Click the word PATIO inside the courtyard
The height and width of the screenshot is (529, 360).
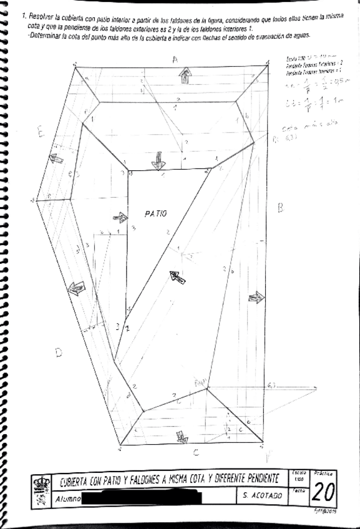click(x=155, y=214)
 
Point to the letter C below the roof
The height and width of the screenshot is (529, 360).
click(x=195, y=452)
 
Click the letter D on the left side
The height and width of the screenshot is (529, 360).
click(x=58, y=353)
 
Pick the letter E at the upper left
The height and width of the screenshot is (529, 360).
click(x=40, y=132)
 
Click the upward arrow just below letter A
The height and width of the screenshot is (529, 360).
click(x=185, y=75)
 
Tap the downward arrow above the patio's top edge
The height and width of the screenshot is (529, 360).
click(x=158, y=160)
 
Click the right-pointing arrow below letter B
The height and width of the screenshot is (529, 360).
click(x=256, y=297)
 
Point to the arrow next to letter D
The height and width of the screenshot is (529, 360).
click(x=76, y=289)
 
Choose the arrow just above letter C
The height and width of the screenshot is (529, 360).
click(x=182, y=437)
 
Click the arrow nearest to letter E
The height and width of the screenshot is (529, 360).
click(x=57, y=158)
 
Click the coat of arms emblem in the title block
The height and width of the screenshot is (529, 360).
click(x=42, y=490)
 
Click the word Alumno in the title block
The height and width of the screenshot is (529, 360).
click(x=67, y=498)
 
